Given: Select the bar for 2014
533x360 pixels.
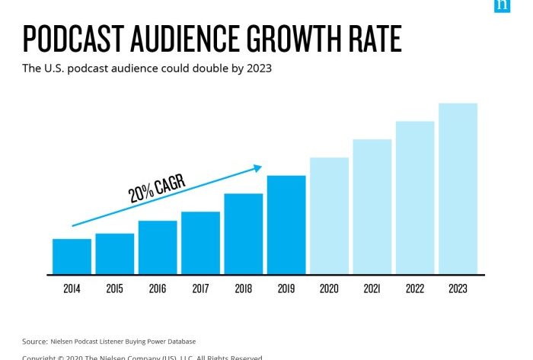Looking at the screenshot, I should coord(72,256).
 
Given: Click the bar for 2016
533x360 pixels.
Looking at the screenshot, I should coord(158,247).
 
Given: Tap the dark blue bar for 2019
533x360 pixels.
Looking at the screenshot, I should coord(286,225).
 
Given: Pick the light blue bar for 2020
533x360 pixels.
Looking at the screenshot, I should coord(329,215).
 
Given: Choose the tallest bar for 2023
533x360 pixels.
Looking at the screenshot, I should coord(458,189).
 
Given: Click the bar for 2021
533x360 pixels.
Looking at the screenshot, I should coord(372,206).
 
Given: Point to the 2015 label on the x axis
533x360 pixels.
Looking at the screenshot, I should coord(114,289).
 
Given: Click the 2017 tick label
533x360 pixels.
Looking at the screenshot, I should coord(200,289).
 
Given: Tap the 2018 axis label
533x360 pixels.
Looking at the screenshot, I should coord(243,289).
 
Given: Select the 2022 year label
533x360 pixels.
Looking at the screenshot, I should coord(415,289).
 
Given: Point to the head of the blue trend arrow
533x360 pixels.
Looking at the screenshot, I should coord(258,167).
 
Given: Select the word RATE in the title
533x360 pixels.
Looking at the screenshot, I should coord(374,38).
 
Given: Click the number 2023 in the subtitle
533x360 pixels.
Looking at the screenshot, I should coord(257,68).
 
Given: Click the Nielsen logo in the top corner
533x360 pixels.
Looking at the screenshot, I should coord(502,5).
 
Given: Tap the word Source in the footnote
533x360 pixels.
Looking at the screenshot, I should coord(34,341).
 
